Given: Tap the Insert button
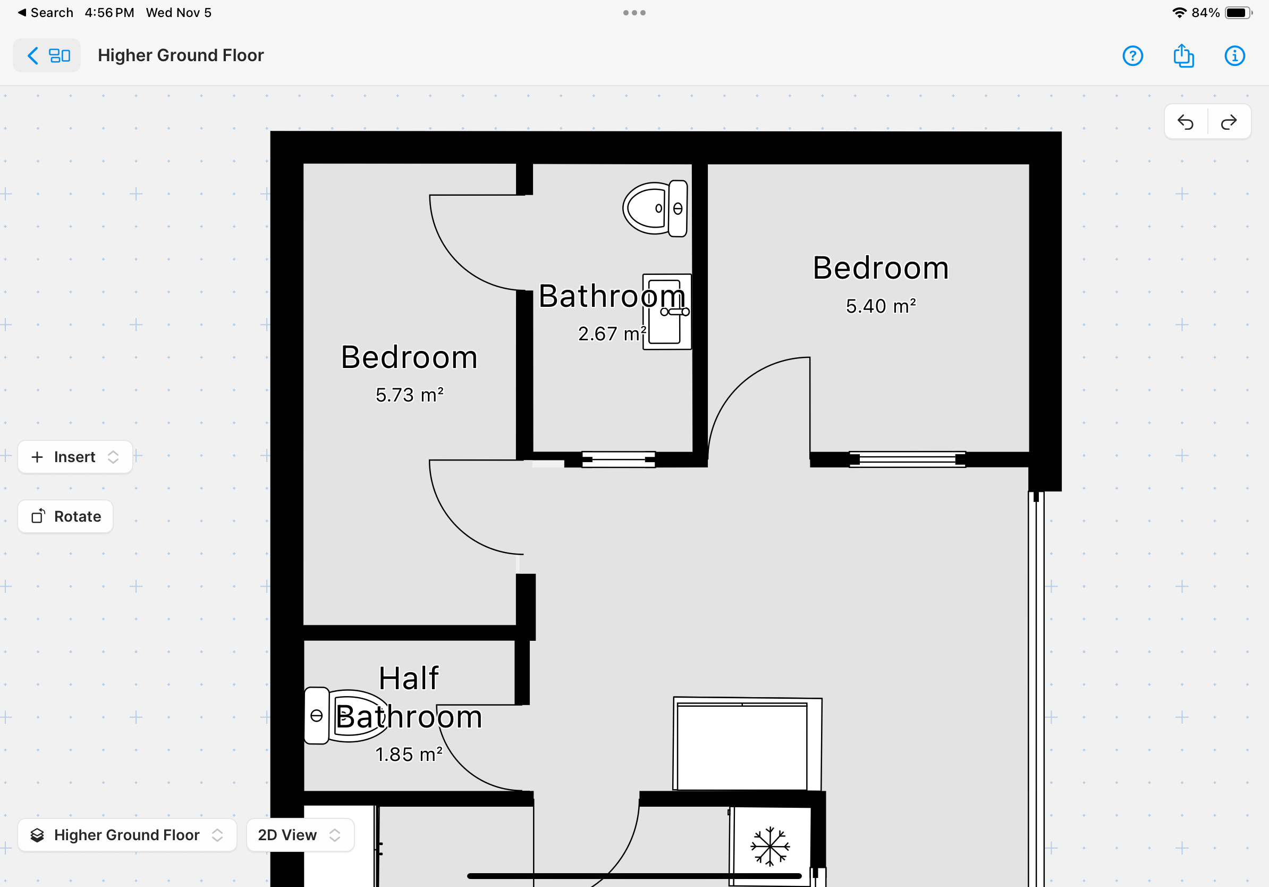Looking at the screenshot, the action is (x=75, y=457).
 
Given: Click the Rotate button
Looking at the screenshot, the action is (x=65, y=516).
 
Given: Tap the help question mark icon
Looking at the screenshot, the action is (x=1132, y=56).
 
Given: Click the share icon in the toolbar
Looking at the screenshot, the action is (x=1183, y=55).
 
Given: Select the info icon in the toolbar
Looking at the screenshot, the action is (x=1234, y=56).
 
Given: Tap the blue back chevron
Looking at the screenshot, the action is (x=33, y=55).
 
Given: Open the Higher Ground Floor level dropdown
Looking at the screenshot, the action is (x=127, y=835).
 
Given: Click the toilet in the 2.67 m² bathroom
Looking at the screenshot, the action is (x=656, y=208).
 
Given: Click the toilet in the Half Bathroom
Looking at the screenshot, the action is (x=346, y=716).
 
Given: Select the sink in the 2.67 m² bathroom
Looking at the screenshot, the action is (x=667, y=312).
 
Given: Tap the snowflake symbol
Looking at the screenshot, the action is (x=770, y=846).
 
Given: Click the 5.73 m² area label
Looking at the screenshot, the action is (x=410, y=395).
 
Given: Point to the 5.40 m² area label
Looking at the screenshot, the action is (x=881, y=306).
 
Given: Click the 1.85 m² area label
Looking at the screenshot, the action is (x=409, y=754).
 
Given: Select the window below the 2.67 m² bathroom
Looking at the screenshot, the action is (x=619, y=459).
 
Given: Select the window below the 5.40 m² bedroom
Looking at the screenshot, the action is (x=908, y=459).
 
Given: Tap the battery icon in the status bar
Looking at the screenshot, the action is (x=1238, y=13).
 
